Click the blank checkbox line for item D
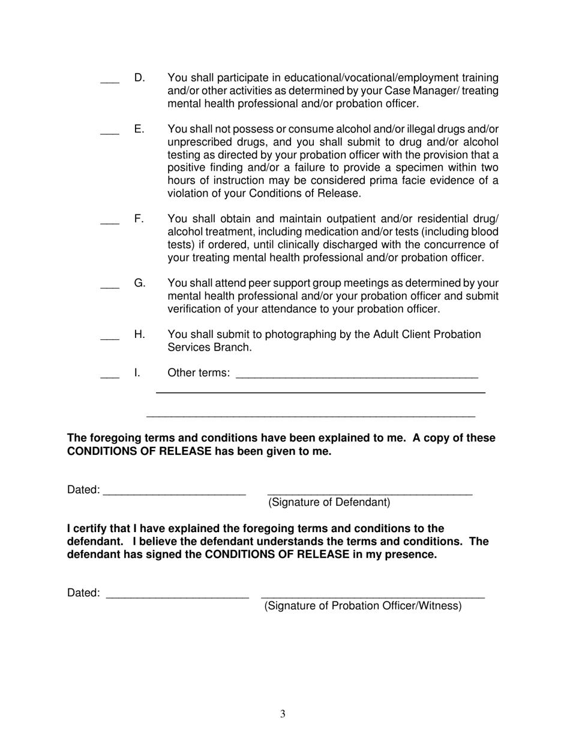pyautogui.click(x=110, y=81)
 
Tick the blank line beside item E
pyautogui.click(x=110, y=133)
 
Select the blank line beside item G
pyautogui.click(x=110, y=287)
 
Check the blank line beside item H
pyautogui.click(x=110, y=339)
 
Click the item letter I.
pyautogui.click(x=137, y=373)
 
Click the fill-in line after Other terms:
pyautogui.click(x=357, y=376)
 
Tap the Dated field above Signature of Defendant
pyautogui.click(x=174, y=493)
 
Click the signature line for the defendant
pyautogui.click(x=370, y=493)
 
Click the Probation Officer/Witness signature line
pyautogui.click(x=373, y=596)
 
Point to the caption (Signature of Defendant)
pyautogui.click(x=329, y=502)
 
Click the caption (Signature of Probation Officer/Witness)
pyautogui.click(x=363, y=606)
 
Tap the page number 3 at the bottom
pyautogui.click(x=283, y=714)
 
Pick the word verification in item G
pyautogui.click(x=193, y=309)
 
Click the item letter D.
pyautogui.click(x=139, y=77)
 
